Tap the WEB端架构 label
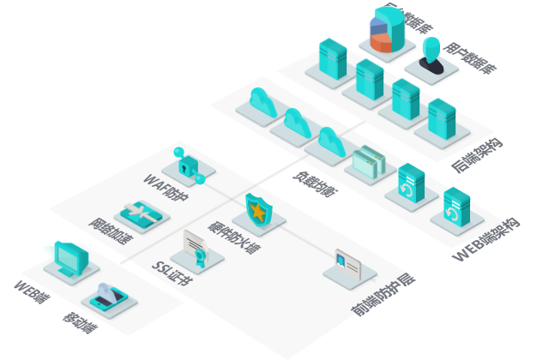pos(486,241)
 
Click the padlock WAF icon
pos(187,163)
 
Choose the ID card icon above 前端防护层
pos(348,263)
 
